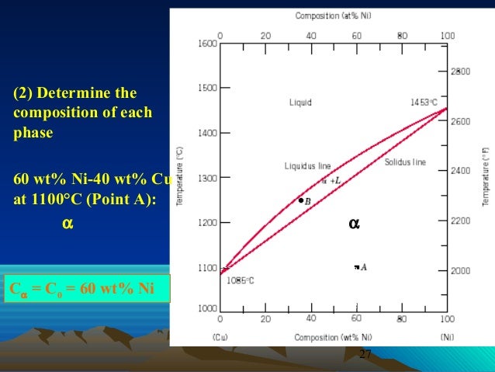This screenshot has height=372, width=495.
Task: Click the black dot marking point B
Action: [x=301, y=200]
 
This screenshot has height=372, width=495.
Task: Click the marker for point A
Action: [x=356, y=267]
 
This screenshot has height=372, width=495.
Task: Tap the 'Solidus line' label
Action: [x=405, y=162]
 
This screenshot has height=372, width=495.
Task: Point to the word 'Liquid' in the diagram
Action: [x=300, y=102]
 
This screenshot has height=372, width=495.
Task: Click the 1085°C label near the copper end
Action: [x=241, y=281]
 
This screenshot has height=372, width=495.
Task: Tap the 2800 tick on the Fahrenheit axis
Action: [x=461, y=71]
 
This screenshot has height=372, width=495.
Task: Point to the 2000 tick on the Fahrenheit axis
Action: [x=461, y=271]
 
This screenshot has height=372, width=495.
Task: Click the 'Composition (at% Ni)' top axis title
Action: [x=331, y=16]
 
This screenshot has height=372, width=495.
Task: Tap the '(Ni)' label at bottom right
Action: [x=448, y=337]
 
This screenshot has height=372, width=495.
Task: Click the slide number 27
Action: [x=365, y=355]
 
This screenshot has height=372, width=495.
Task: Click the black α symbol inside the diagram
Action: [x=354, y=224]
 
